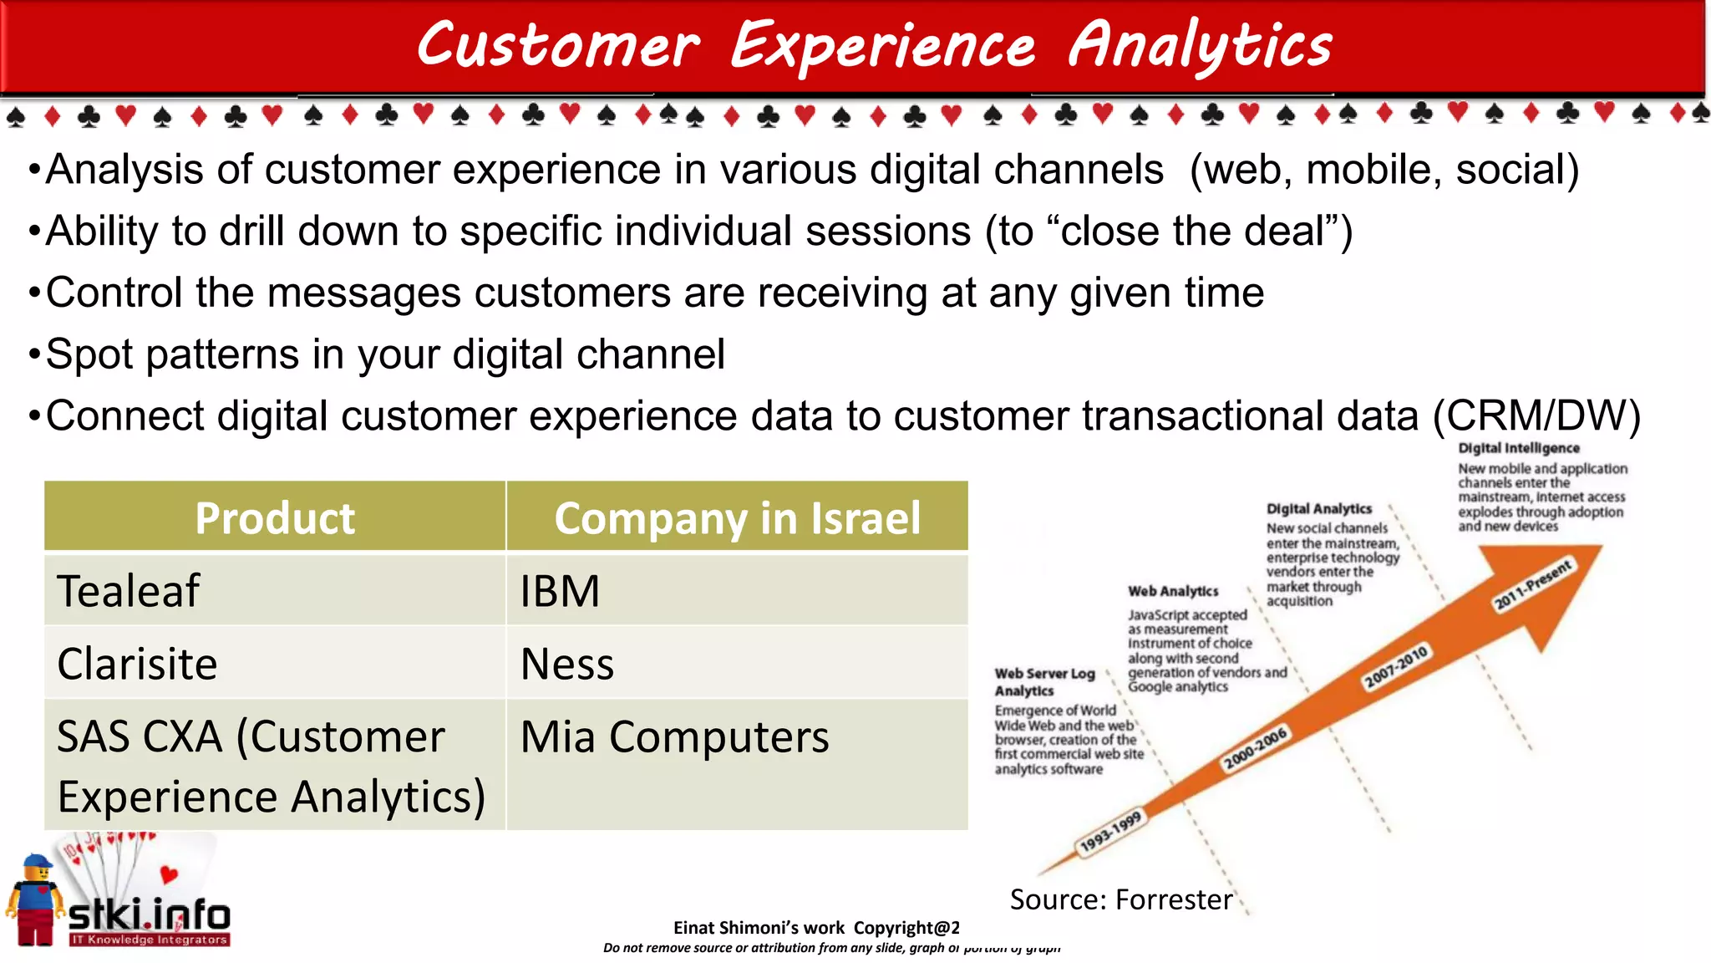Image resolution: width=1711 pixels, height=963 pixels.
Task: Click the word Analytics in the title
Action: click(x=1200, y=46)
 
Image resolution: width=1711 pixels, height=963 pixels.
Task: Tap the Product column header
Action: click(x=275, y=517)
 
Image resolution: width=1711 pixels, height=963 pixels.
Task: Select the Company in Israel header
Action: click(x=737, y=517)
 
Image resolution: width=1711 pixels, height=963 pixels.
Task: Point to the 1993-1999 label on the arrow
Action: click(x=1110, y=832)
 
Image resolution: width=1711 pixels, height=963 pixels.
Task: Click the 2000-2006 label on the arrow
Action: click(x=1255, y=748)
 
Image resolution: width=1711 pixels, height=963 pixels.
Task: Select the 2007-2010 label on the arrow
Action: click(x=1395, y=666)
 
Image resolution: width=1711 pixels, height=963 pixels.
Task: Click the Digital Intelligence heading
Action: click(x=1518, y=448)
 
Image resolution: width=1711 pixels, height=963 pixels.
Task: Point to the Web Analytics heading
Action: click(x=1173, y=591)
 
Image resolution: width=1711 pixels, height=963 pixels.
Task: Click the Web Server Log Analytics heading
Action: click(x=1043, y=681)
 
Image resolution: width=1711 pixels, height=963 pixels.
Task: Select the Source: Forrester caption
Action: click(x=1120, y=899)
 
